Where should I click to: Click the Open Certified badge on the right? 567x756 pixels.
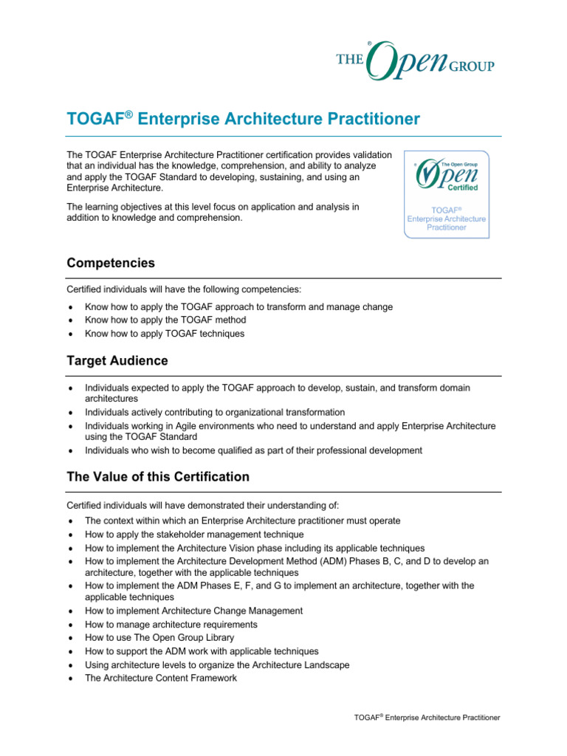point(446,194)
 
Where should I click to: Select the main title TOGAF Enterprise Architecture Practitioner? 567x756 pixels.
point(243,119)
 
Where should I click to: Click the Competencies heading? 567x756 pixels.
point(111,263)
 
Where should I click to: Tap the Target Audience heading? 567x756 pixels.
point(117,361)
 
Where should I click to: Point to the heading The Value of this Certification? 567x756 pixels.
point(158,477)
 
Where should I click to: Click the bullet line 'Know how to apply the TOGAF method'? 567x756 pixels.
point(165,320)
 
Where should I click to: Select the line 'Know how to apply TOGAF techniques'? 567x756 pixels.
point(165,334)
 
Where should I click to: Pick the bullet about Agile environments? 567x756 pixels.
point(290,426)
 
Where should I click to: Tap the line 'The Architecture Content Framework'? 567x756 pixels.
point(161,678)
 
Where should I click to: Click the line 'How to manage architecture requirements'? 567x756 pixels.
point(172,625)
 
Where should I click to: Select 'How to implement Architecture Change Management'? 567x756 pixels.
point(193,611)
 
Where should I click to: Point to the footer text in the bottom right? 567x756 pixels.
point(427,718)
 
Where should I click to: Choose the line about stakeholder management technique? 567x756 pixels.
point(194,535)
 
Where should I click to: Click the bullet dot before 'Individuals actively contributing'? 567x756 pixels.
point(69,413)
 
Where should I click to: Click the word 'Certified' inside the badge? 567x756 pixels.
point(462,188)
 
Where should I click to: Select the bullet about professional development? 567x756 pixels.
point(253,450)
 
